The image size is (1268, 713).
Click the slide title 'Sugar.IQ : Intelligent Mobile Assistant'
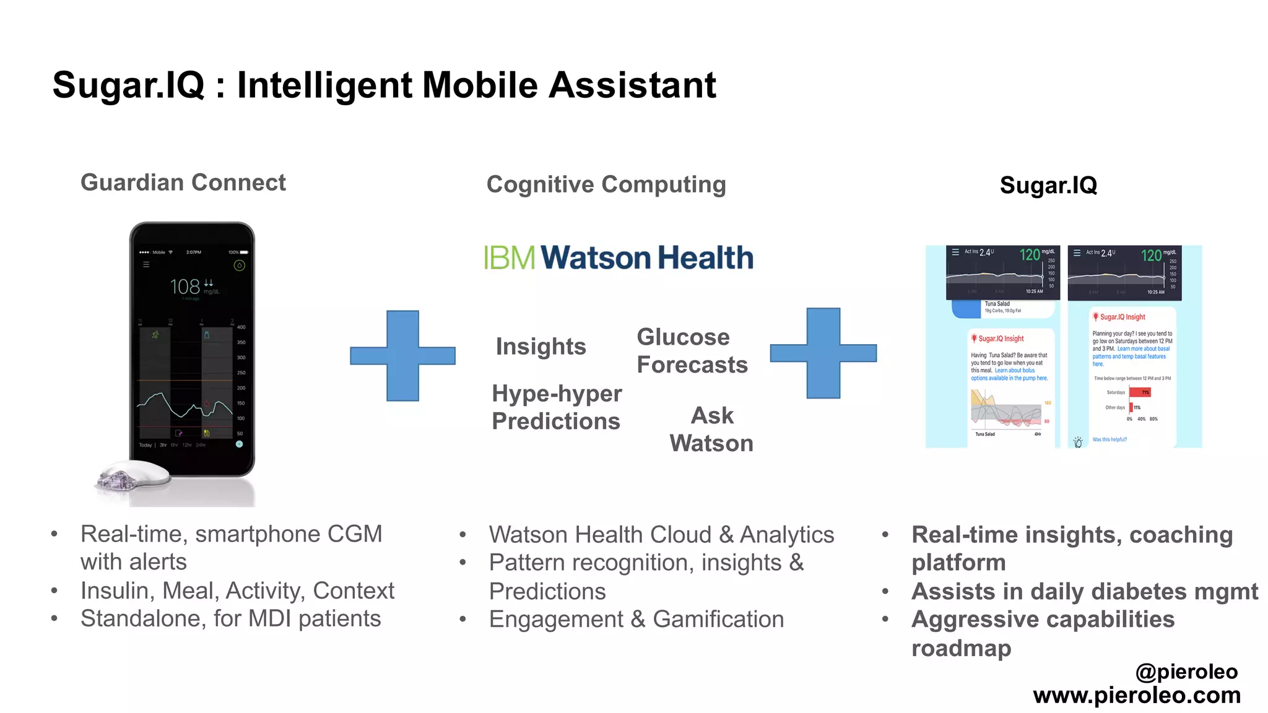click(x=384, y=85)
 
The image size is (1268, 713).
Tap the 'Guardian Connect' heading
click(x=183, y=183)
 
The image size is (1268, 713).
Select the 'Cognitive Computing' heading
click(x=606, y=184)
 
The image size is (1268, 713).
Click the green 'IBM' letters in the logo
click(x=509, y=258)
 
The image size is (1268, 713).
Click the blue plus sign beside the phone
click(x=403, y=356)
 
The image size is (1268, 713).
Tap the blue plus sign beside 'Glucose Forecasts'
click(x=823, y=353)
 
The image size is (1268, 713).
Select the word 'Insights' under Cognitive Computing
click(x=541, y=347)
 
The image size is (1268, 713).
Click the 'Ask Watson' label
click(x=711, y=429)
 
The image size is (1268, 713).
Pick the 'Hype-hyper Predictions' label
click(x=556, y=407)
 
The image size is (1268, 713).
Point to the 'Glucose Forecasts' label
click(x=692, y=351)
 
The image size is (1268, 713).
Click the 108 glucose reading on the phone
click(x=185, y=287)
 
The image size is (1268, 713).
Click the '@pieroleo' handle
click(x=1186, y=672)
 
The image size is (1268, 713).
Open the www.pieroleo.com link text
click(x=1137, y=695)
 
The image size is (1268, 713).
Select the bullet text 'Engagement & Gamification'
click(x=636, y=620)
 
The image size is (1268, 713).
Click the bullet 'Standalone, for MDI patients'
click(x=230, y=619)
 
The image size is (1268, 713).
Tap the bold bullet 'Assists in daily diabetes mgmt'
click(x=1085, y=592)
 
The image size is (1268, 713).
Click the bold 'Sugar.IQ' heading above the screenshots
click(x=1048, y=185)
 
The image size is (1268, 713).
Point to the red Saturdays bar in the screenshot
click(x=1140, y=392)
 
